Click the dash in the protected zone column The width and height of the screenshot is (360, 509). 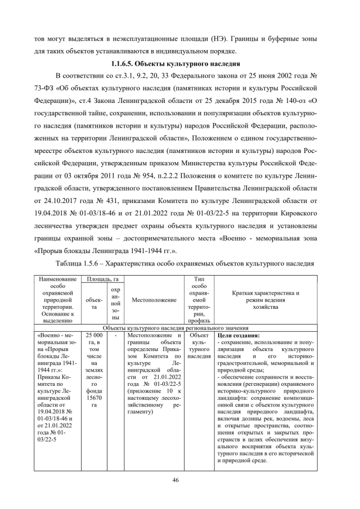click(x=115, y=336)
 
